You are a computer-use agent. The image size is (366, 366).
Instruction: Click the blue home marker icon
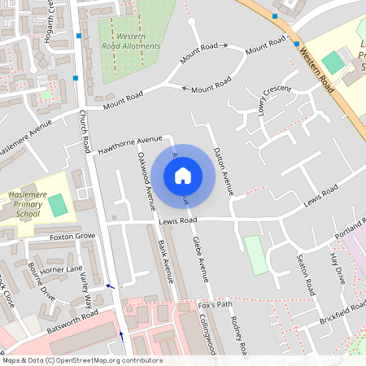coord(183,176)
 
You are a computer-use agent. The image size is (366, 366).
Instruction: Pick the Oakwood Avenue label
coord(146,176)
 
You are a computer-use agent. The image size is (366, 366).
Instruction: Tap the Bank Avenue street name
coord(165,261)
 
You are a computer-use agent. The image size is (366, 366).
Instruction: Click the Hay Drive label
coord(336,268)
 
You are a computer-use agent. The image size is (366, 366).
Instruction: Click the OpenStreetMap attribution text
coord(82,360)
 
